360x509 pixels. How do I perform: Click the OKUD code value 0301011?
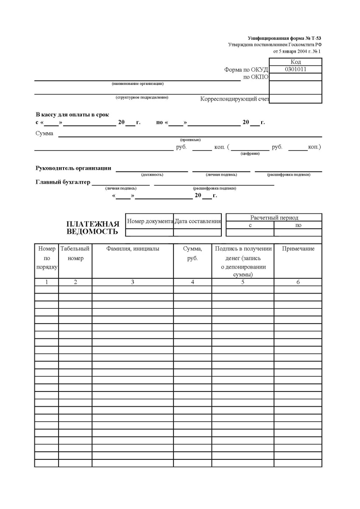coord(296,70)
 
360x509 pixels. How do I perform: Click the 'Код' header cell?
coord(296,62)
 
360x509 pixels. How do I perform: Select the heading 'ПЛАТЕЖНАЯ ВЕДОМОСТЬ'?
coord(93,228)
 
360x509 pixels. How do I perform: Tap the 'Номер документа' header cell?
coord(150,221)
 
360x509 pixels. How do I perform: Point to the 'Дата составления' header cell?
coord(198,221)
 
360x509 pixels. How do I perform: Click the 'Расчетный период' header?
coord(274,218)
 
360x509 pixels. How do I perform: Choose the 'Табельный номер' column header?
coord(75,254)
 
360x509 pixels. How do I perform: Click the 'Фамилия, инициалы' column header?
coord(132,249)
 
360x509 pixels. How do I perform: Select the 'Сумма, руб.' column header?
coord(193,254)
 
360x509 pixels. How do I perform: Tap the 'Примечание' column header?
coord(298,249)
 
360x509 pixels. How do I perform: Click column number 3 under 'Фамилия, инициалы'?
coord(132,282)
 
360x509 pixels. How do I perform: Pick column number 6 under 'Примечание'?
coord(298,282)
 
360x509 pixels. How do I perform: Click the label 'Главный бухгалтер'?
coord(63,182)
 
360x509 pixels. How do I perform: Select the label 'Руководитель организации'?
coord(73,168)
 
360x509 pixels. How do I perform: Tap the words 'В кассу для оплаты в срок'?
coord(72,115)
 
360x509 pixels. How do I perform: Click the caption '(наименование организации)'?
coord(137,84)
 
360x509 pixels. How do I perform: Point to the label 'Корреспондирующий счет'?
coord(234,99)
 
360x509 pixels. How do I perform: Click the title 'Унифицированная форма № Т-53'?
coord(284,38)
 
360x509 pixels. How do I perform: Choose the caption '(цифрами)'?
coord(250,154)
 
